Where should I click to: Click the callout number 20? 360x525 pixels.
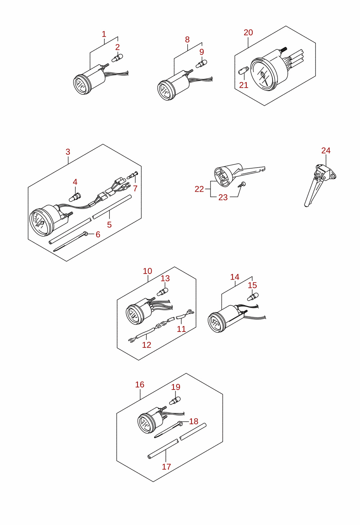click(248, 32)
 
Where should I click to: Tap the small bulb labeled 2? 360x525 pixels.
click(117, 58)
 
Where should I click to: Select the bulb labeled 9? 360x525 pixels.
click(202, 64)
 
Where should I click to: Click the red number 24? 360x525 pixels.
click(326, 151)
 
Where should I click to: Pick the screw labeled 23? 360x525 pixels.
click(241, 184)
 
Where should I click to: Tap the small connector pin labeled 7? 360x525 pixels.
click(133, 175)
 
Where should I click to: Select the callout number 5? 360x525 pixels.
click(109, 225)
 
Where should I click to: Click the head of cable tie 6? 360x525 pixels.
click(85, 233)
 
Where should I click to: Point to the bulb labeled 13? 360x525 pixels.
click(162, 292)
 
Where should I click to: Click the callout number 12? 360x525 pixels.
click(147, 345)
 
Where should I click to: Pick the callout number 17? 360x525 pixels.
click(166, 467)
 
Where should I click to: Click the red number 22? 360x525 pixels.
click(199, 189)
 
